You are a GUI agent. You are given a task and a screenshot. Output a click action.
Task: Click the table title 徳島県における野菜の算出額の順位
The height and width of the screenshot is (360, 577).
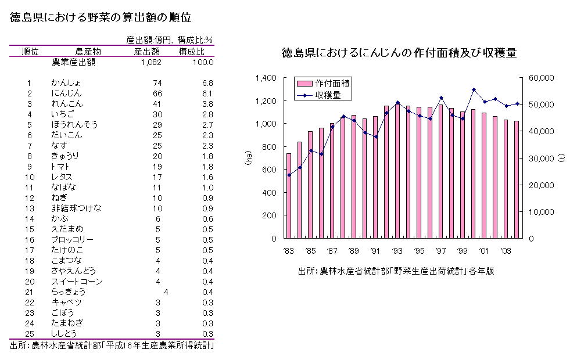coord(101,18)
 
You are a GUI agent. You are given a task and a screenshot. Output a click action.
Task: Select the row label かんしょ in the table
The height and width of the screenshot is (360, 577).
coord(66,83)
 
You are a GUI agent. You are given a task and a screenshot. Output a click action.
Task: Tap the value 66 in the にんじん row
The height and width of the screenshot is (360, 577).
coord(157,93)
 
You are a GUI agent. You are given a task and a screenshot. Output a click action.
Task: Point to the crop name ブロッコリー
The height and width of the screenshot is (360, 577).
coord(72,240)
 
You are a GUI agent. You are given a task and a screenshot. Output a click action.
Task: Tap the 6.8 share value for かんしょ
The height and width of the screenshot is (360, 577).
coord(207,83)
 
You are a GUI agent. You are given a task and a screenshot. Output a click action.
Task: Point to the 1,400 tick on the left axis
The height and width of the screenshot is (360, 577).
coord(266,78)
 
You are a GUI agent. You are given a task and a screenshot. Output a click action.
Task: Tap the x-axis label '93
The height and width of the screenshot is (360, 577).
coord(397,251)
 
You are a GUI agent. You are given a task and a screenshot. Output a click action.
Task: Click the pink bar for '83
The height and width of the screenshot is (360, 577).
coord(289,196)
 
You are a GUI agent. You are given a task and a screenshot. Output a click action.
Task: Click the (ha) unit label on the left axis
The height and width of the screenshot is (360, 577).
coord(248,158)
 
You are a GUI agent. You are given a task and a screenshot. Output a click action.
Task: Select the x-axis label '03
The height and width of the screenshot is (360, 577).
coord(507,251)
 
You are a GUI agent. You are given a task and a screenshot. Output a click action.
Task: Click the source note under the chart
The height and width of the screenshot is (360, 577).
coord(396,271)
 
